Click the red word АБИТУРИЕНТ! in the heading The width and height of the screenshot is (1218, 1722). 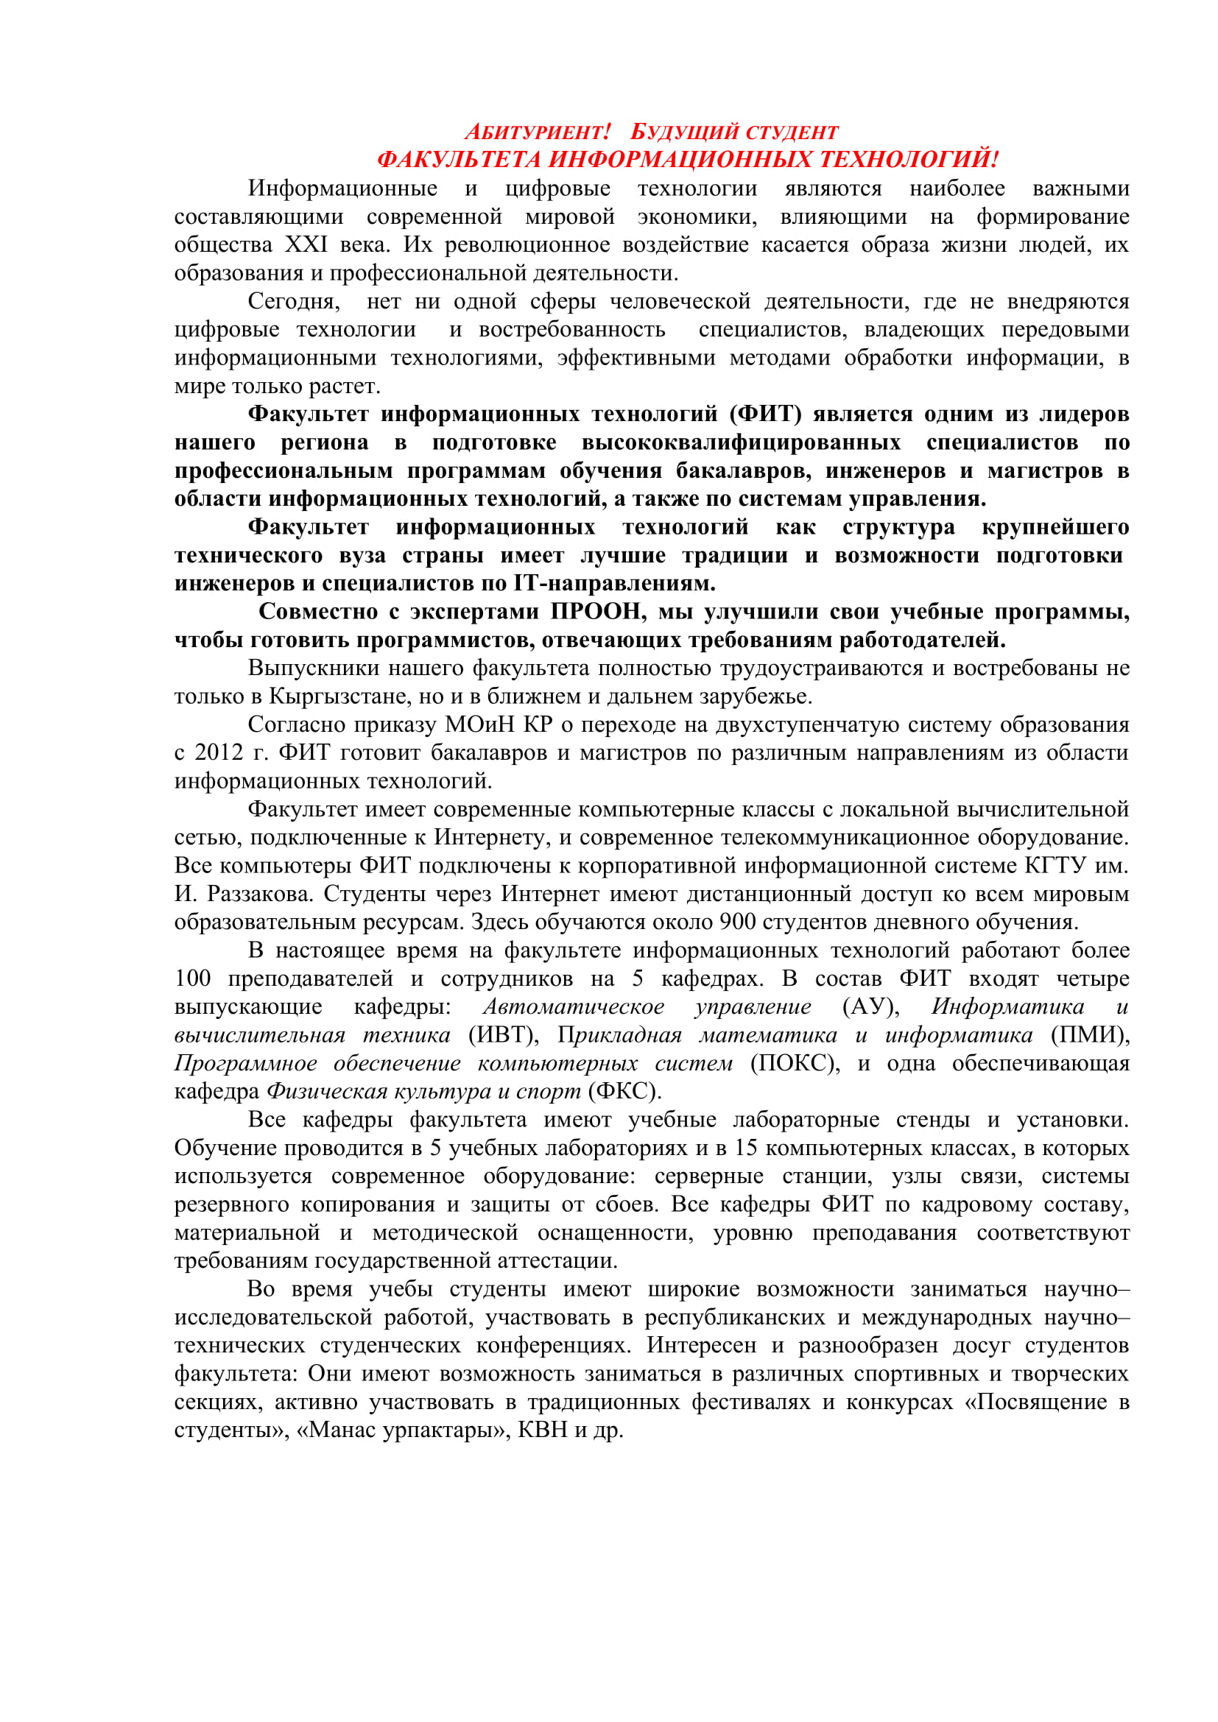(x=538, y=132)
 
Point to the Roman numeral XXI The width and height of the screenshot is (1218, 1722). (x=306, y=244)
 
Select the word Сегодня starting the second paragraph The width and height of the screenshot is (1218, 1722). (x=293, y=301)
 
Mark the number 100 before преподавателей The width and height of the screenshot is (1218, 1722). (x=193, y=978)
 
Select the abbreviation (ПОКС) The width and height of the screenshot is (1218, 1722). (x=795, y=1063)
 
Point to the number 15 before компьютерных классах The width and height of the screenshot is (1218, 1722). (x=746, y=1148)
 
